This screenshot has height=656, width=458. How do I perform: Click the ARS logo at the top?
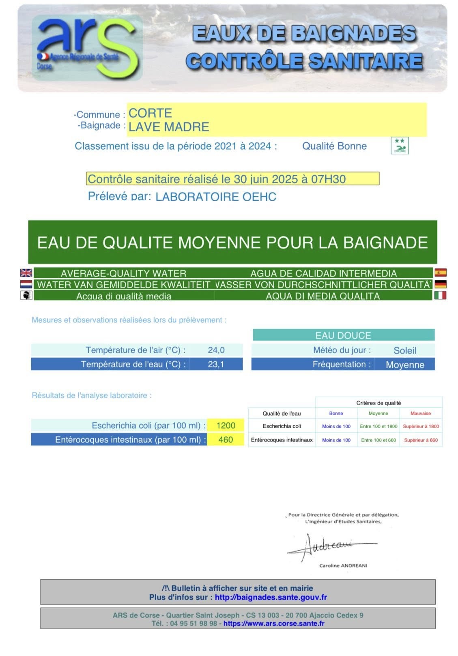pos(87,48)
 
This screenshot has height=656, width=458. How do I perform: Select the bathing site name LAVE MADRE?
pos(168,127)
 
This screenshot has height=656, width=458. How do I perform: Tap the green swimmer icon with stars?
pos(399,146)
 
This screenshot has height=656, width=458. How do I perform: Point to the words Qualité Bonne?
pos(334,146)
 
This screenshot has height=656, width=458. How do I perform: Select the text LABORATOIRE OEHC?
pos(216,197)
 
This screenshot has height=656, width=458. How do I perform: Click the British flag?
pos(26,273)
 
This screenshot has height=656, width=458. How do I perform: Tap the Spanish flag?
pos(440,272)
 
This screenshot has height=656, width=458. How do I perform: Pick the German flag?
pos(440,284)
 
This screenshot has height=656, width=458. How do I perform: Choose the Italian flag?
pos(440,295)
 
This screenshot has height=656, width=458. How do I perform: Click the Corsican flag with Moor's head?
pos(26,295)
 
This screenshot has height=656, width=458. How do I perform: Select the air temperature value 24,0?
pos(216,350)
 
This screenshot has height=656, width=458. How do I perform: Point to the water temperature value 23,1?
pos(216,364)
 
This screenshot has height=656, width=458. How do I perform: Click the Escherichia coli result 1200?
pos(226,425)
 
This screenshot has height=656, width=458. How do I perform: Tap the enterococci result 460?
pos(226,439)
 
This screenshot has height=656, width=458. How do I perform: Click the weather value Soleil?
pos(405,350)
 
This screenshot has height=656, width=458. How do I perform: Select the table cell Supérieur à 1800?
pos(421,426)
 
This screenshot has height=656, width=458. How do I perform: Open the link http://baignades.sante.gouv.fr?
pos(271,597)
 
